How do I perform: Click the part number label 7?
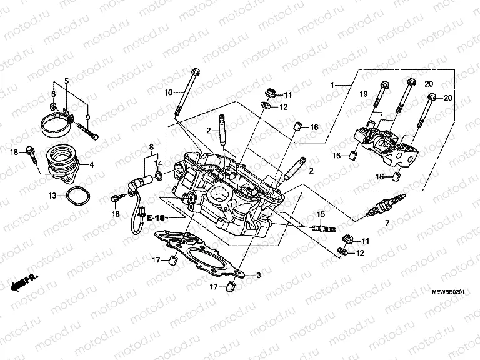tap(387, 223)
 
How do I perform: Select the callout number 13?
tap(53, 196)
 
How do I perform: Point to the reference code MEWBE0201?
tap(449, 292)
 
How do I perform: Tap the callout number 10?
tap(168, 93)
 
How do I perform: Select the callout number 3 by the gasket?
tap(257, 275)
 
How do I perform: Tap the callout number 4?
tap(92, 165)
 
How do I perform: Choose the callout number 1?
tap(333, 84)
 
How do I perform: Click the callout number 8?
tap(151, 147)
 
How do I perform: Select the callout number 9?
tap(88, 117)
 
